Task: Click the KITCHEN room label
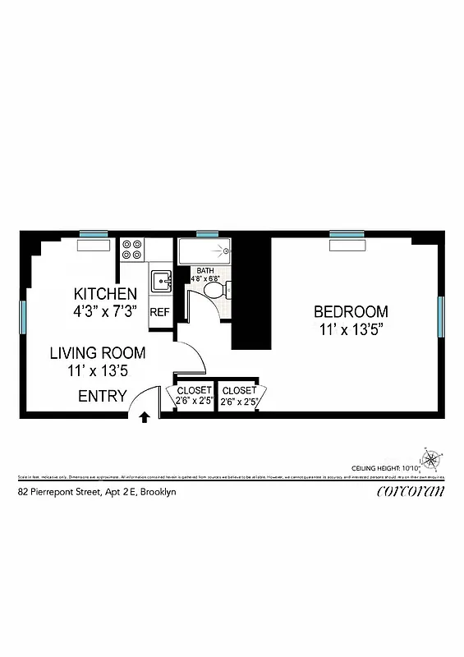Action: pyautogui.click(x=105, y=294)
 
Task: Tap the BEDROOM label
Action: pyautogui.click(x=351, y=312)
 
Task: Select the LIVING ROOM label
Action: pyautogui.click(x=98, y=353)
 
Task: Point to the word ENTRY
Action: pyautogui.click(x=103, y=397)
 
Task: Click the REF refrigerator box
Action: pyautogui.click(x=159, y=312)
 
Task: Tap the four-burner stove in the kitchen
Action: pyautogui.click(x=132, y=250)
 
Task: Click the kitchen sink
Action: pyautogui.click(x=160, y=281)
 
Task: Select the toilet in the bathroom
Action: pyautogui.click(x=216, y=289)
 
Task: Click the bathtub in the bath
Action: pyautogui.click(x=204, y=250)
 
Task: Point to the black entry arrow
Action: pyautogui.click(x=145, y=416)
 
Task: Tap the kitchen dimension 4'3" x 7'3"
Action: pyautogui.click(x=105, y=312)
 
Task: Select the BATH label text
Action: pyautogui.click(x=205, y=270)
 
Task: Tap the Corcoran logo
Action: pyautogui.click(x=411, y=492)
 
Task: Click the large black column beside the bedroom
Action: pyautogui.click(x=251, y=292)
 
